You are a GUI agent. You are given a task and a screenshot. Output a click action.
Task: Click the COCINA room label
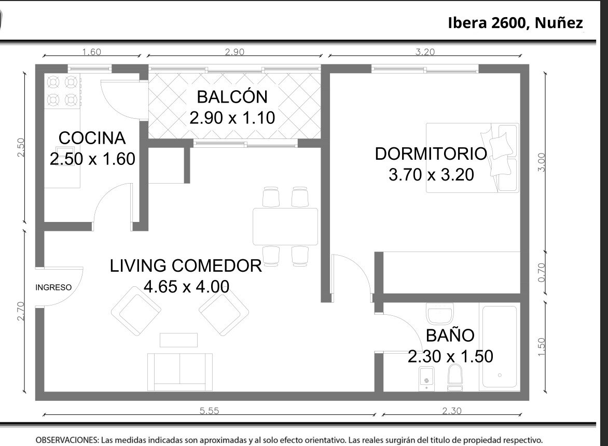(x=92, y=138)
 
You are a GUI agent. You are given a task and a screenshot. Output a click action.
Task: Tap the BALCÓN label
(x=232, y=96)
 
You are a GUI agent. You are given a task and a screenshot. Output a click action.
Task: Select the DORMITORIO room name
(x=431, y=154)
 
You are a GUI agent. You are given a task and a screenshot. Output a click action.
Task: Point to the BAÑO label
(x=450, y=335)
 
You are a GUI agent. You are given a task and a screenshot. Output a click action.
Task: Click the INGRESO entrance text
(x=53, y=287)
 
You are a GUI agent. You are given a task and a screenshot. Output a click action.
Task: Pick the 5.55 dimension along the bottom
(x=210, y=410)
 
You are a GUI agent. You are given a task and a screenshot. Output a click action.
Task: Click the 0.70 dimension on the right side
(x=542, y=272)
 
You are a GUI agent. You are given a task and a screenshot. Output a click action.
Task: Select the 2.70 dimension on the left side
(x=21, y=311)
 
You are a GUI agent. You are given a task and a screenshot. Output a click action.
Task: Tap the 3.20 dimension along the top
(x=425, y=51)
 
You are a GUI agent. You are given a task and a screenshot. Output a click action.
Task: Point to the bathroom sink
(x=440, y=313)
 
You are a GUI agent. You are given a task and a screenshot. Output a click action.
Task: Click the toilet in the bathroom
(x=455, y=377)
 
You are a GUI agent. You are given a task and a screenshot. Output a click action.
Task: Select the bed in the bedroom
(x=472, y=158)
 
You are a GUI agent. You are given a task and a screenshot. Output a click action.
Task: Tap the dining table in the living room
(x=285, y=227)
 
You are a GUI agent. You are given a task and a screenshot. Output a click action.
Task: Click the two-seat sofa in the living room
(x=180, y=372)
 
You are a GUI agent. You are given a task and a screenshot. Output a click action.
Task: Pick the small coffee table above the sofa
(x=179, y=340)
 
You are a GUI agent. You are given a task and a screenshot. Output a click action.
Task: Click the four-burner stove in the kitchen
(x=62, y=91)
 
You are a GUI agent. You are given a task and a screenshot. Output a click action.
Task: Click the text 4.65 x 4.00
(x=187, y=287)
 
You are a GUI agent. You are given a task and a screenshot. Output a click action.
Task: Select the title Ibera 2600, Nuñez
(x=515, y=23)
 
